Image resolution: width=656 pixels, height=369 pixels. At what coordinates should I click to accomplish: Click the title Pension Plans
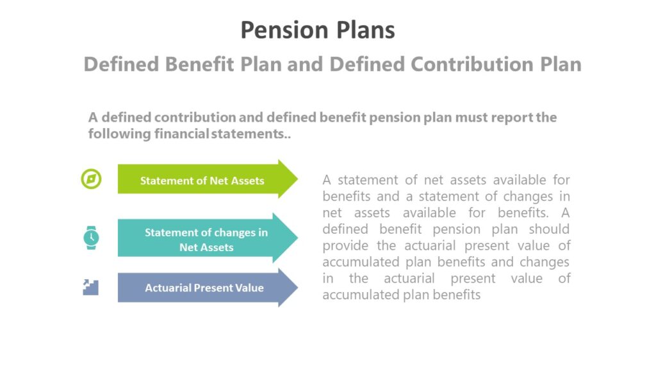click(318, 30)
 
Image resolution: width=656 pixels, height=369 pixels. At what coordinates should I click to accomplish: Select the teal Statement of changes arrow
click(206, 239)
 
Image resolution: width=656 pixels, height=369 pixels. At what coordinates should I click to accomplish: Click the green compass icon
click(91, 179)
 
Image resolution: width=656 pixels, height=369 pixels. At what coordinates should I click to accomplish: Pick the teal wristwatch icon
click(91, 238)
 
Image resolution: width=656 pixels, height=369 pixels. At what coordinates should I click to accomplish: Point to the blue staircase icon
click(91, 287)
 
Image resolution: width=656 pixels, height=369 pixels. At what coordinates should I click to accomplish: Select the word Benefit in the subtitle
click(204, 64)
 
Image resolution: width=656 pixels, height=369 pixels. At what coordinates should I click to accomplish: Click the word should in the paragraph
click(549, 229)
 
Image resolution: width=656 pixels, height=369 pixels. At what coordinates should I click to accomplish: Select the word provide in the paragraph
click(345, 245)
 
